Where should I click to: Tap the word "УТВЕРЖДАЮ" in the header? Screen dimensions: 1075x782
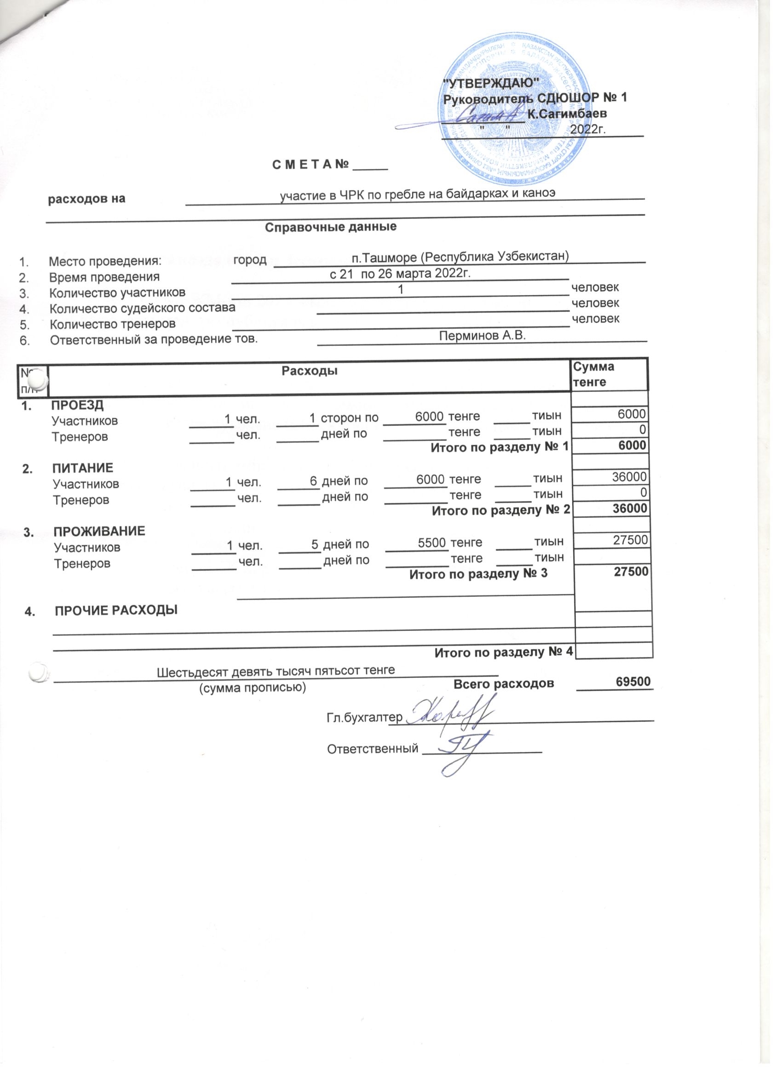[x=490, y=83]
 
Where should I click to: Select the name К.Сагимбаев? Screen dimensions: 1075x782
[x=567, y=114]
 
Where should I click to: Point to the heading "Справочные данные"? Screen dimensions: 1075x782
[x=331, y=227]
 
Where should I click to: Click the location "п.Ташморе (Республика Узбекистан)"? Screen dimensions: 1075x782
[x=460, y=257]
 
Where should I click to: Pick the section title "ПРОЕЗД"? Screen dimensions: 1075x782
[x=77, y=405]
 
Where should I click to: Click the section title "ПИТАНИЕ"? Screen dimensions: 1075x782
[x=82, y=468]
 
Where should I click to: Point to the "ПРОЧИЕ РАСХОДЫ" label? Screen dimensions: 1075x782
[x=116, y=611]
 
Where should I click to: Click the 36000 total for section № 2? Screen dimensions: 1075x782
[x=629, y=509]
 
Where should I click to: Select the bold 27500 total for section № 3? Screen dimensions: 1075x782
[x=631, y=572]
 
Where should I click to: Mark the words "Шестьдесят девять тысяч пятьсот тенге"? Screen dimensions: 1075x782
[x=276, y=671]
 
